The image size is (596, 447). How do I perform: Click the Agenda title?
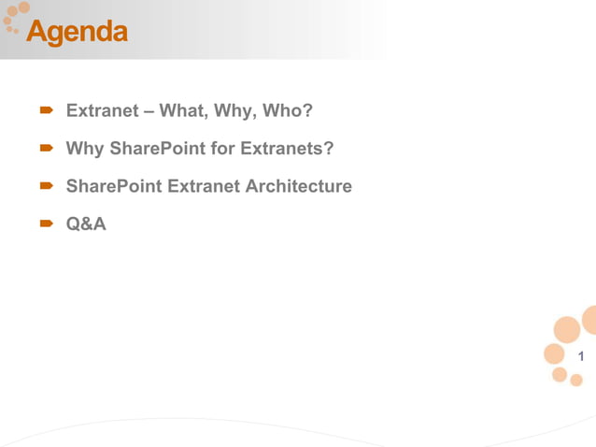pyautogui.click(x=77, y=33)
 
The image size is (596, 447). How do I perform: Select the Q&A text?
pyautogui.click(x=86, y=223)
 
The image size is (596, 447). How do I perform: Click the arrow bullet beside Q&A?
pyautogui.click(x=45, y=223)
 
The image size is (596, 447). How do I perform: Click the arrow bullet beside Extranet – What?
pyautogui.click(x=45, y=112)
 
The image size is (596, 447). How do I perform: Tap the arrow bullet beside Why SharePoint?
pyautogui.click(x=45, y=149)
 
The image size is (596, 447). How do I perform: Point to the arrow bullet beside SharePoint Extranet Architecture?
pyautogui.click(x=45, y=186)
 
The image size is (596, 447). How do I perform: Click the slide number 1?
pyautogui.click(x=581, y=355)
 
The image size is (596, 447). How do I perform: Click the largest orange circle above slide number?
pyautogui.click(x=567, y=329)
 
